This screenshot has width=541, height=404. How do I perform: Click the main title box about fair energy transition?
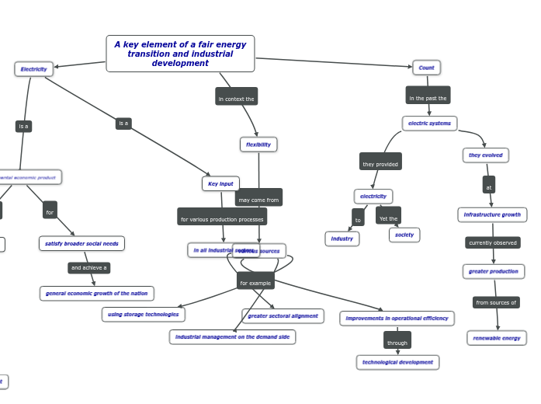[180, 54]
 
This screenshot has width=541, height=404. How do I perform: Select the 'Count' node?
[426, 68]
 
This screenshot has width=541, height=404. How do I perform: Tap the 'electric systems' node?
[429, 124]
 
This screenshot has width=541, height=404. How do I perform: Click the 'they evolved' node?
[485, 155]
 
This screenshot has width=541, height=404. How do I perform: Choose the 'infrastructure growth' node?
[492, 214]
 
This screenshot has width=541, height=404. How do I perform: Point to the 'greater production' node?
[494, 271]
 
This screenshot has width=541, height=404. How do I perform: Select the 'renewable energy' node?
[497, 338]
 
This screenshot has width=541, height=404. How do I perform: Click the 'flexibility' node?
[258, 145]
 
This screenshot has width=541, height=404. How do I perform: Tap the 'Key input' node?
[220, 183]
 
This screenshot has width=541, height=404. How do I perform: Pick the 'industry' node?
[342, 239]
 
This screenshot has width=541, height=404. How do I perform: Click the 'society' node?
[404, 235]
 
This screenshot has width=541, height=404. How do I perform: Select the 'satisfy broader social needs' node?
[81, 243]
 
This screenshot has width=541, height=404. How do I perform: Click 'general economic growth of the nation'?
[96, 294]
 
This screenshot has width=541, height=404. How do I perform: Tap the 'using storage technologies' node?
[143, 315]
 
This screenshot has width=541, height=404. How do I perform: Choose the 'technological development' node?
[397, 362]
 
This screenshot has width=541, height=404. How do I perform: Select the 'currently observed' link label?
[492, 242]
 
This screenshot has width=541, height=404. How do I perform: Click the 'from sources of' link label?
[496, 302]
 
